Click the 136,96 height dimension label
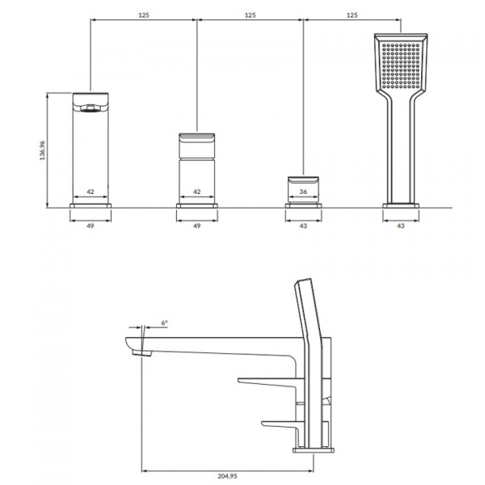(42, 150)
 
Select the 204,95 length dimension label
(227, 476)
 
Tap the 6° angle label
(165, 323)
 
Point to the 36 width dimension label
(303, 192)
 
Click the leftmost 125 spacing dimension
(144, 15)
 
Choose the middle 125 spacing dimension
(251, 15)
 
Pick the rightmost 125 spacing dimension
(352, 15)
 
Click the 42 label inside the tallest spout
(90, 192)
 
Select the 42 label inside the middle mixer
(196, 192)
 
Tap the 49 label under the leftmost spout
(90, 226)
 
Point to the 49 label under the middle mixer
(196, 226)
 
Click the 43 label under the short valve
(303, 226)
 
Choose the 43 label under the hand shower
(401, 226)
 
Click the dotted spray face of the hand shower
(401, 65)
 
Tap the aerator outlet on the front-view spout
(91, 108)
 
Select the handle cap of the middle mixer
(196, 145)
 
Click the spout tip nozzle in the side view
(142, 353)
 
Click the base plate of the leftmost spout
(91, 205)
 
